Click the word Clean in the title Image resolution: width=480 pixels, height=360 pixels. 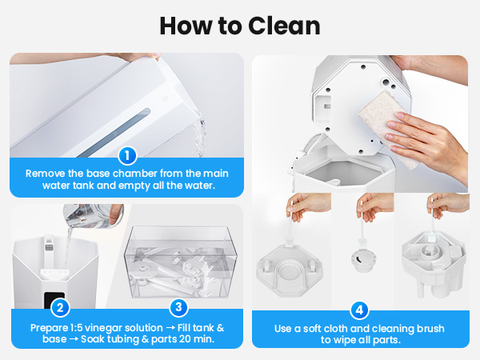click(x=279, y=25)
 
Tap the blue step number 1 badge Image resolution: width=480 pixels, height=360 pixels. click(x=126, y=155)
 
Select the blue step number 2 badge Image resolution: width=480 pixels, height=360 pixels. click(x=58, y=307)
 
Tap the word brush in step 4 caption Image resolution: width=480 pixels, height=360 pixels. click(x=427, y=328)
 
